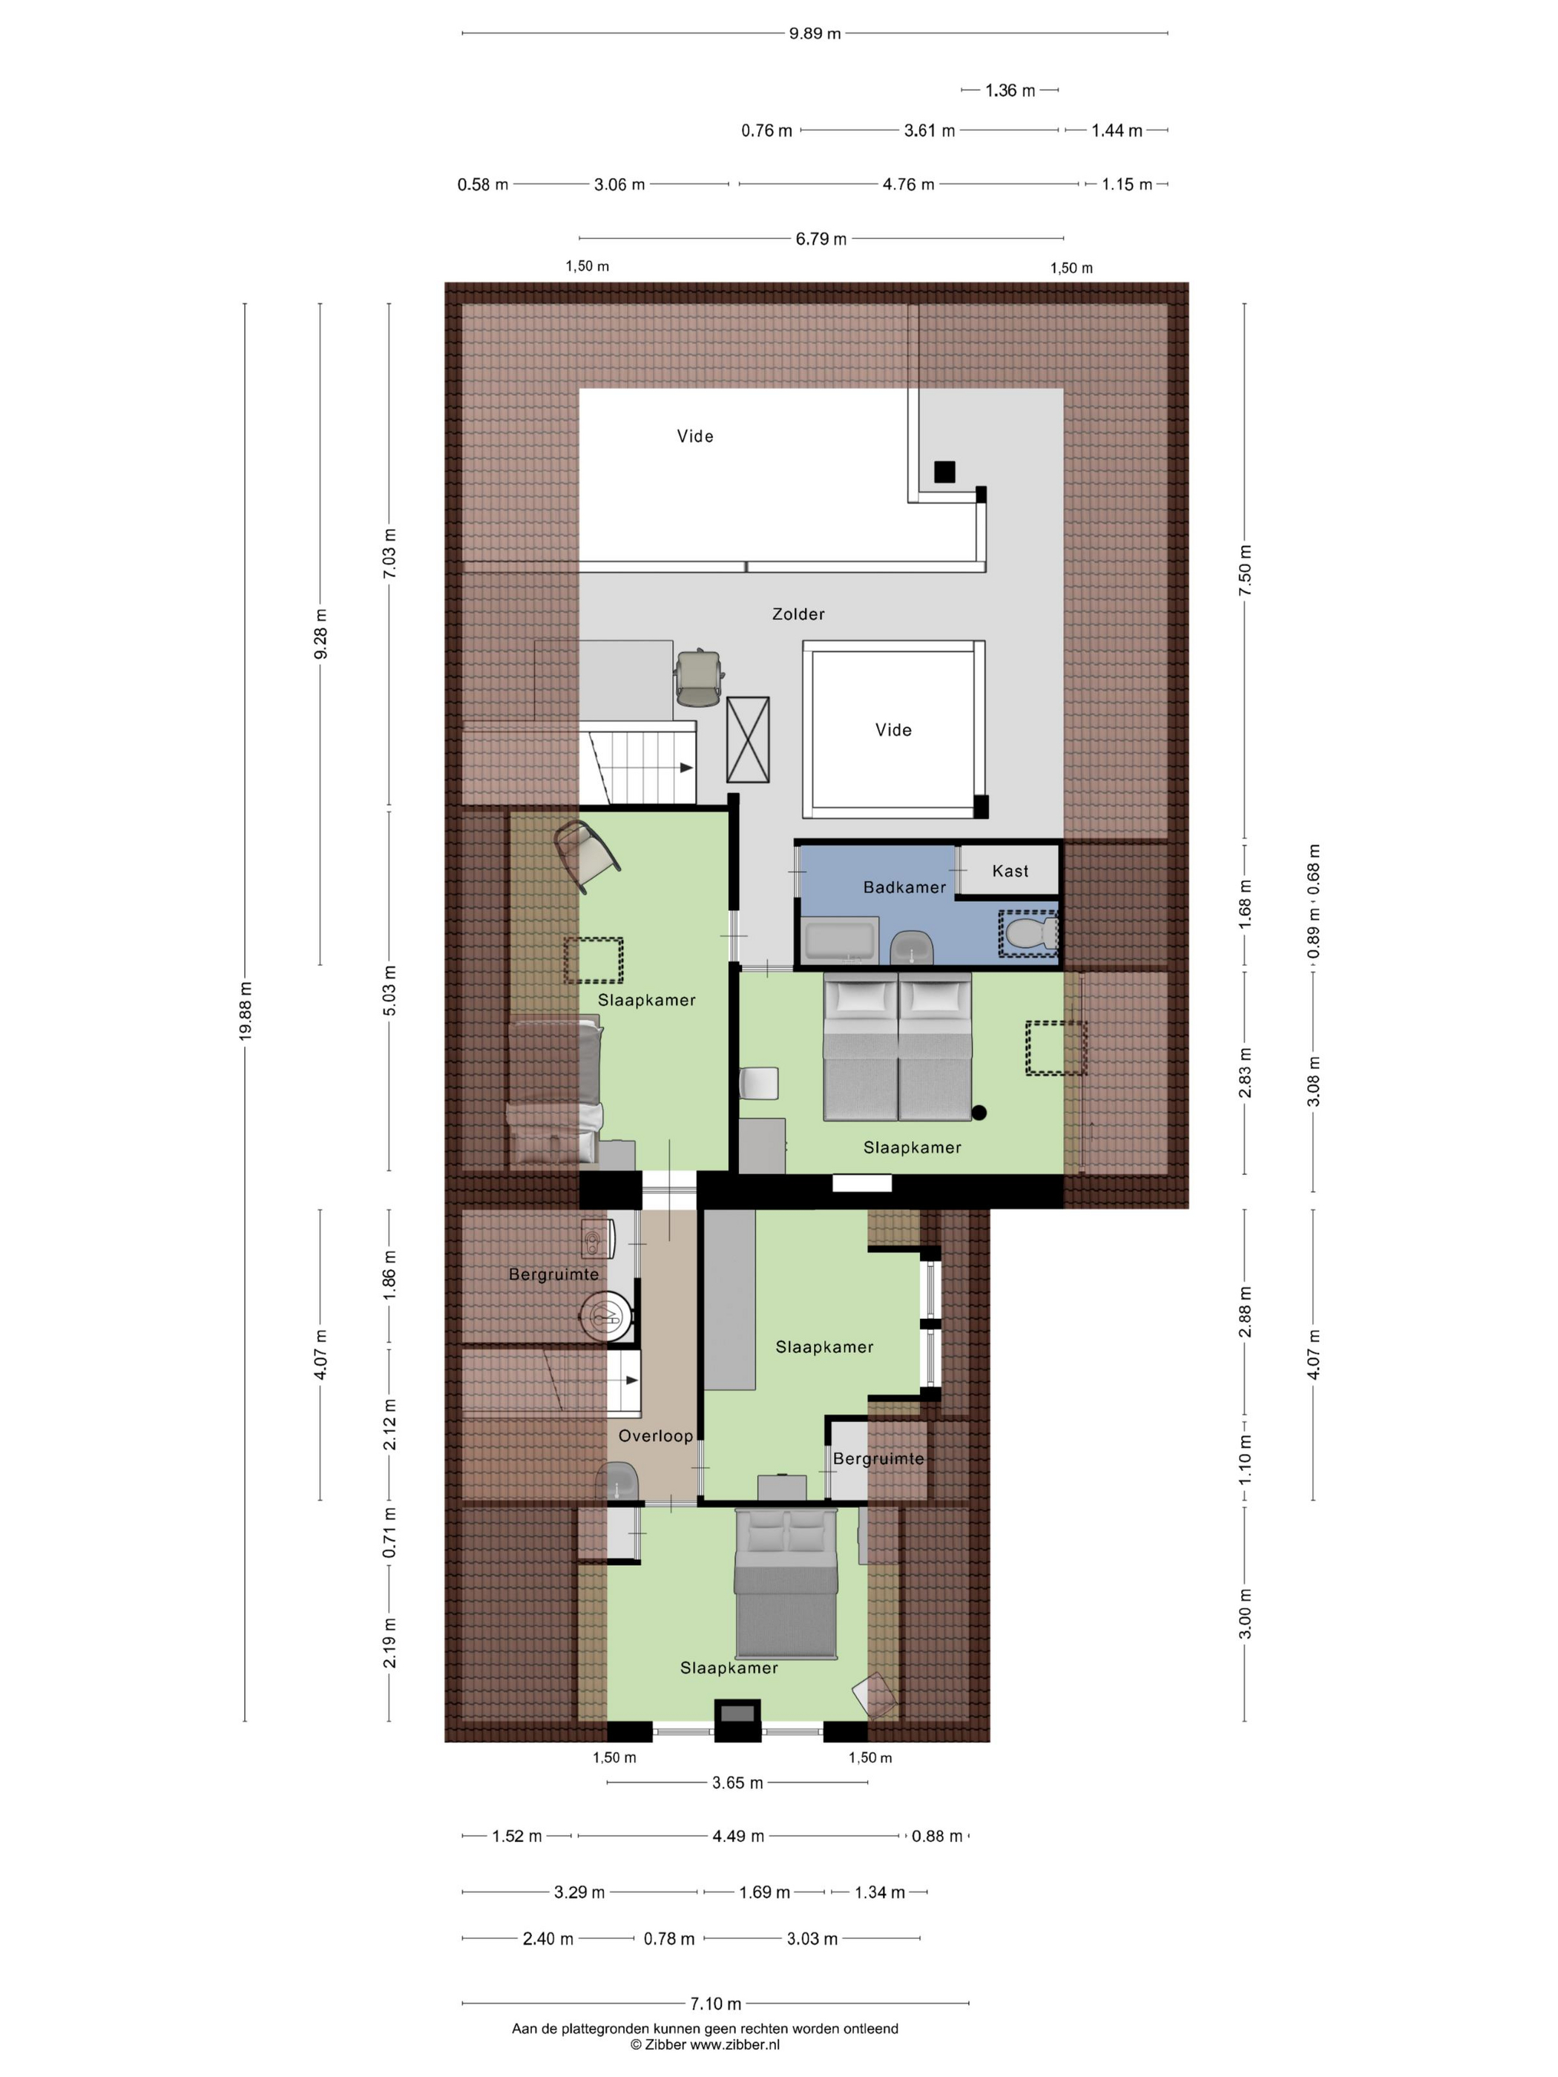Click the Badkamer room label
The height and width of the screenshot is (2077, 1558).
(x=904, y=887)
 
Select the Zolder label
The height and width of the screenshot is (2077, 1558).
(x=798, y=614)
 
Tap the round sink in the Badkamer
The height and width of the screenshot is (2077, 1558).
(x=911, y=947)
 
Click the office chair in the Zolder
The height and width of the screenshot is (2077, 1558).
(x=700, y=677)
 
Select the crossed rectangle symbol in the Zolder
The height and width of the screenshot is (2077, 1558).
(x=748, y=740)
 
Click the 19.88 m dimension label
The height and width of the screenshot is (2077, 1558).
(x=245, y=1011)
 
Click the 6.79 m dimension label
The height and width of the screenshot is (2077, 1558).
(x=821, y=239)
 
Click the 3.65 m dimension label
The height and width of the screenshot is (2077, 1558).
(x=737, y=1783)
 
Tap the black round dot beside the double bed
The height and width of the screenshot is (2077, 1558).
(x=979, y=1113)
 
